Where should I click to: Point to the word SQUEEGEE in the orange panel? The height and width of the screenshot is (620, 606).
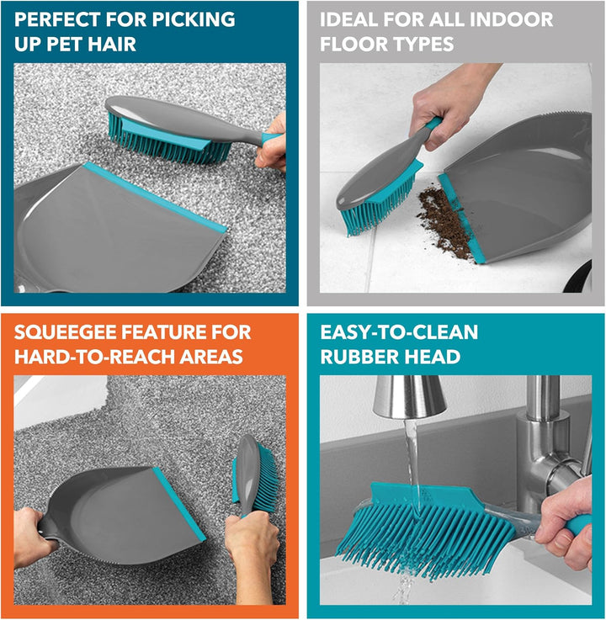coord(66,332)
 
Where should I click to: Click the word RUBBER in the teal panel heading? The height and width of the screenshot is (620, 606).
coord(356,357)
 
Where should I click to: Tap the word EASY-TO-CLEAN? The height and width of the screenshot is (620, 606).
coord(399,332)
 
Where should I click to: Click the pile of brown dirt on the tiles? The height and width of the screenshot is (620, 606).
coord(444,222)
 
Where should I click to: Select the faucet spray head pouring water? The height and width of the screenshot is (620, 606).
coord(408,396)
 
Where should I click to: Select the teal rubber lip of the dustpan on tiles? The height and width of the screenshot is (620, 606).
coord(460,218)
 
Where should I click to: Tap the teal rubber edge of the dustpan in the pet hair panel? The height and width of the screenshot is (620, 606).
coord(155,198)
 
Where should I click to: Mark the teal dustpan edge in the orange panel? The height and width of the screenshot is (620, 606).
coord(179,504)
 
